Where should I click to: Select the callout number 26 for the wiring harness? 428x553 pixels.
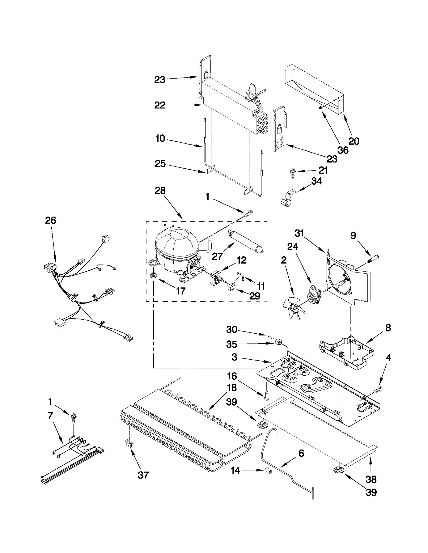pyautogui.click(x=51, y=220)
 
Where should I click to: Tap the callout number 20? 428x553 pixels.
pyautogui.click(x=354, y=141)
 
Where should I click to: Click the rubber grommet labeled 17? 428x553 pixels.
pyautogui.click(x=154, y=275)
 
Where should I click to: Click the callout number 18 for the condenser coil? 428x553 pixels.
pyautogui.click(x=232, y=387)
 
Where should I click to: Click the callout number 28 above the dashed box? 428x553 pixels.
pyautogui.click(x=160, y=191)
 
